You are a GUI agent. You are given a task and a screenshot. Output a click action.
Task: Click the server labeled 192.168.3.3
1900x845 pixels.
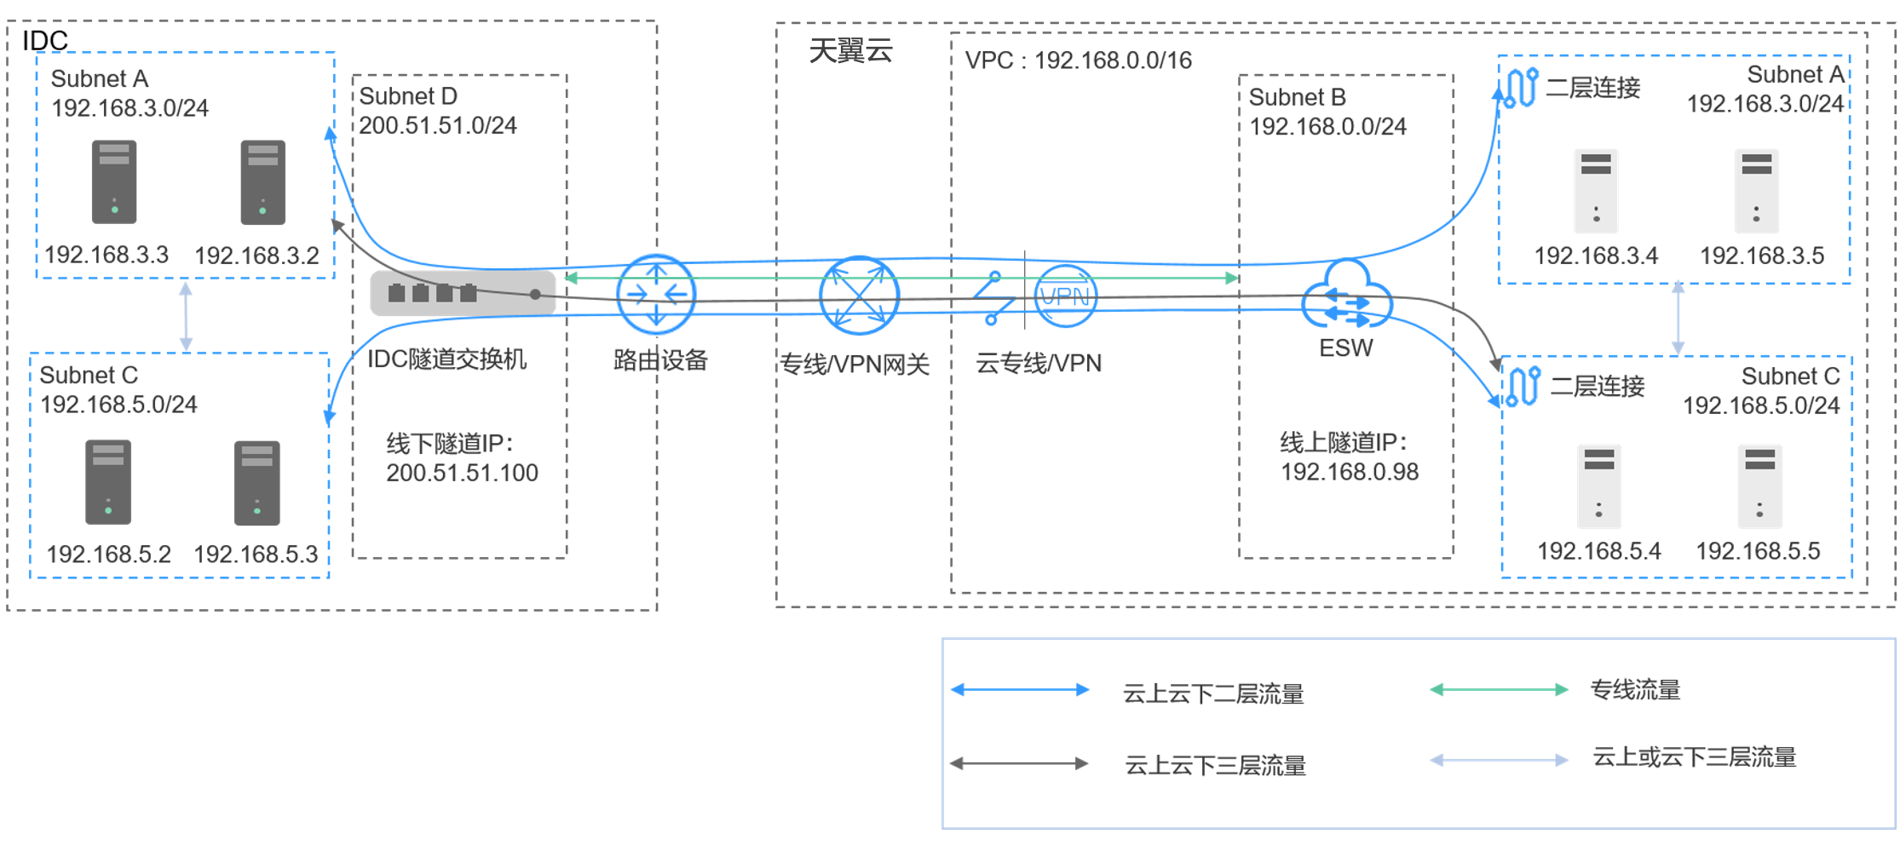point(114,182)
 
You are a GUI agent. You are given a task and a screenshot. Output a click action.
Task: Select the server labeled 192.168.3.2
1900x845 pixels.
point(262,182)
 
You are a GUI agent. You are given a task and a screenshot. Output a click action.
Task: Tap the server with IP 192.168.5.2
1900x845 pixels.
point(108,482)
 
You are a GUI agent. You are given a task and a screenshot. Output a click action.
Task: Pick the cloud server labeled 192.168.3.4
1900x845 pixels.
point(1596,191)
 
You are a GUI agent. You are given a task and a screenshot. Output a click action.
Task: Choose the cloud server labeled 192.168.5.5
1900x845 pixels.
point(1759,486)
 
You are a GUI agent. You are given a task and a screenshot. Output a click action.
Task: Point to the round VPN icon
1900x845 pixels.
point(1065,296)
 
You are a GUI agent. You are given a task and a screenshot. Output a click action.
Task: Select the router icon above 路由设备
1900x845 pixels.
point(656,295)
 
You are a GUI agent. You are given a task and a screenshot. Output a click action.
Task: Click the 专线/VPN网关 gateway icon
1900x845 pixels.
point(859,296)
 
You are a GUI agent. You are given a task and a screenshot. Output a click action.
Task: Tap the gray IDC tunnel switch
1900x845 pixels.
point(463,293)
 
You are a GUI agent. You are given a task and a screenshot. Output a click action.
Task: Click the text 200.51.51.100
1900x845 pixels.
point(462,473)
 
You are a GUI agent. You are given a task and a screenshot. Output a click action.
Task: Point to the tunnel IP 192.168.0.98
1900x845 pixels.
point(1350,472)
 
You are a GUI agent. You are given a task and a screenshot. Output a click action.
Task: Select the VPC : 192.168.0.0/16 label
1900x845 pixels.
point(1078,60)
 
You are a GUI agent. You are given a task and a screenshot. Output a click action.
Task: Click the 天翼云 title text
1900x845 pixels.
point(850,51)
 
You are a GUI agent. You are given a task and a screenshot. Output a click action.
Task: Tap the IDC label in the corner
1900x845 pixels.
point(44,40)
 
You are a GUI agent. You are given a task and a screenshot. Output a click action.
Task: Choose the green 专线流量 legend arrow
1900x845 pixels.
point(1499,690)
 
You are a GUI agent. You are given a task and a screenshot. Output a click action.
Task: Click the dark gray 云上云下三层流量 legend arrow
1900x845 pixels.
point(1019,763)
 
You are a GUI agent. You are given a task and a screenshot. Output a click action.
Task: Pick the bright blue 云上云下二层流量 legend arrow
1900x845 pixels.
point(1020,690)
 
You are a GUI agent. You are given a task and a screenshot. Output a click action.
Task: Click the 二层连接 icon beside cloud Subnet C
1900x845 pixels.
point(1523,387)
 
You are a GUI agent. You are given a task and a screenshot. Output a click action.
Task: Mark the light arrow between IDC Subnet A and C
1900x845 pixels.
point(186,316)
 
